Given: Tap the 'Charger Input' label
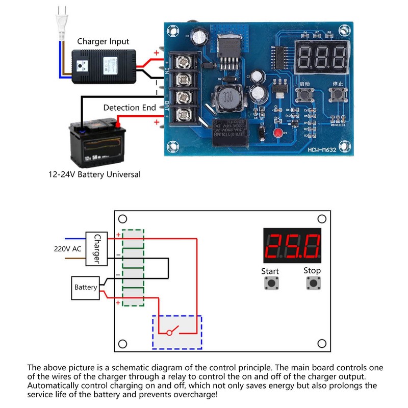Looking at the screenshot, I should click(x=103, y=41).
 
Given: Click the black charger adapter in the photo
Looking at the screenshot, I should click(x=106, y=66).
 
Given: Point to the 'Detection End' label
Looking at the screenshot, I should click(x=129, y=108).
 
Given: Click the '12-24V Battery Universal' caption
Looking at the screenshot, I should click(x=94, y=174).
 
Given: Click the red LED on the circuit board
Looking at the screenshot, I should click(x=277, y=134).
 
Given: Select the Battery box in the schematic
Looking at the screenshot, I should click(x=86, y=287).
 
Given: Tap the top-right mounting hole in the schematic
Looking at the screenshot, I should click(x=322, y=219).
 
